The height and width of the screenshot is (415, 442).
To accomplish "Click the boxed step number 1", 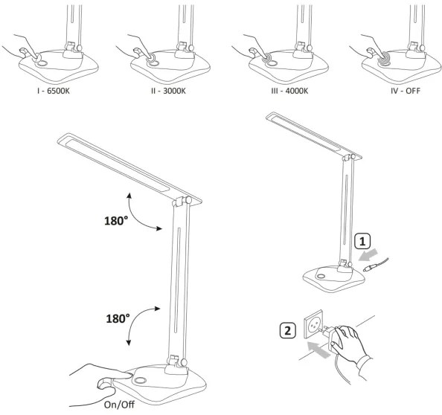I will (x=359, y=242).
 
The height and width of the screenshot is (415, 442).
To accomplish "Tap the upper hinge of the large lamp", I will (x=179, y=202).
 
